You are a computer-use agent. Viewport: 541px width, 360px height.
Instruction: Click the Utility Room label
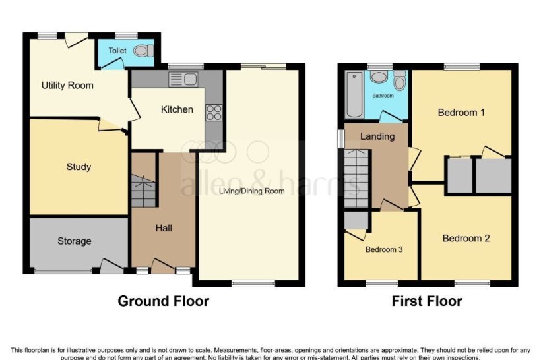67,86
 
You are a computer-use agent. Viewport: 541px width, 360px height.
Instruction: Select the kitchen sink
183,80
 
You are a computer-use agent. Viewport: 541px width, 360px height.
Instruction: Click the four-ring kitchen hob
214,113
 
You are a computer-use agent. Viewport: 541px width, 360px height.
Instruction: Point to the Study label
79,167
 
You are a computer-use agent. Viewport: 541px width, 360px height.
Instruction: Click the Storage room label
74,241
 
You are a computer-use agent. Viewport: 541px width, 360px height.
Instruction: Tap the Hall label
164,228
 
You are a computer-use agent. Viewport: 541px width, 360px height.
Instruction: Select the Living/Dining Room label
252,191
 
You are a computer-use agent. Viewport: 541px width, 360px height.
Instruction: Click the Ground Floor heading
163,301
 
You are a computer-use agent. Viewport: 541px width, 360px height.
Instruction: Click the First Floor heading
427,301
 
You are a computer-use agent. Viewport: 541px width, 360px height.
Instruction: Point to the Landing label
378,136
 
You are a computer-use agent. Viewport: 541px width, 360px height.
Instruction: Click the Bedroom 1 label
461,113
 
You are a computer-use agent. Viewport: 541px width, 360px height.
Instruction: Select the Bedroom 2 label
466,238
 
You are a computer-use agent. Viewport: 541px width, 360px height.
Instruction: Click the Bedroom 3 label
383,250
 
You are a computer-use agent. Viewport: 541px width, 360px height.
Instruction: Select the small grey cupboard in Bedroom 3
356,220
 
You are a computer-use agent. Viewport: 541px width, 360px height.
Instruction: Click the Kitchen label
177,109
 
